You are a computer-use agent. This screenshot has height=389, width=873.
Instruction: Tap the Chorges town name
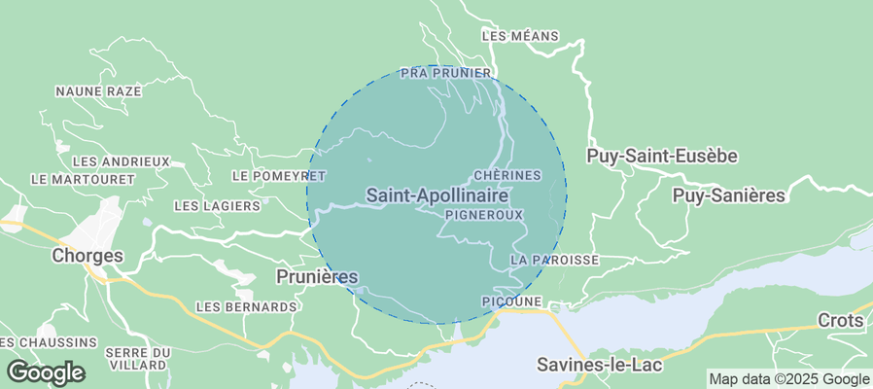(x=87, y=256)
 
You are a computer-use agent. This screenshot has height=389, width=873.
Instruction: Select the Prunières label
(x=317, y=277)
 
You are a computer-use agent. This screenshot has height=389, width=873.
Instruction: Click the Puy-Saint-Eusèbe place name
(x=662, y=156)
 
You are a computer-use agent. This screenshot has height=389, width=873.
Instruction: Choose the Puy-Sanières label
(x=728, y=195)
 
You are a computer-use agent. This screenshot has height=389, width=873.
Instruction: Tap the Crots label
(x=840, y=320)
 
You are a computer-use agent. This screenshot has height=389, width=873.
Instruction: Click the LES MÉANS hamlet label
(x=520, y=36)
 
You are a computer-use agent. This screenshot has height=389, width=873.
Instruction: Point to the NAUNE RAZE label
(x=98, y=91)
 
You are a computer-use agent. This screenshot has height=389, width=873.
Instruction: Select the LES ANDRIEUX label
(x=122, y=161)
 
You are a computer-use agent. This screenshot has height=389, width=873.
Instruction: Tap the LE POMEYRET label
(x=279, y=176)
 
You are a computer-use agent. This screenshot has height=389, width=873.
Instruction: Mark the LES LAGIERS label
(x=217, y=206)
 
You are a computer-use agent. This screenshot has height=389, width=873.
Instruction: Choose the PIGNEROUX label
(x=483, y=214)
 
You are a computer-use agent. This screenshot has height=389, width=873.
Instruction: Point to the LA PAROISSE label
(x=554, y=261)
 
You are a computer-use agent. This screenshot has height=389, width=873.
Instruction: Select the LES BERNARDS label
(x=246, y=307)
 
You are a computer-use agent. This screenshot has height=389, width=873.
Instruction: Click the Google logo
(x=46, y=372)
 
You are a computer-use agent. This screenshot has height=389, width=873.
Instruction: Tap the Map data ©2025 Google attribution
(x=788, y=379)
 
